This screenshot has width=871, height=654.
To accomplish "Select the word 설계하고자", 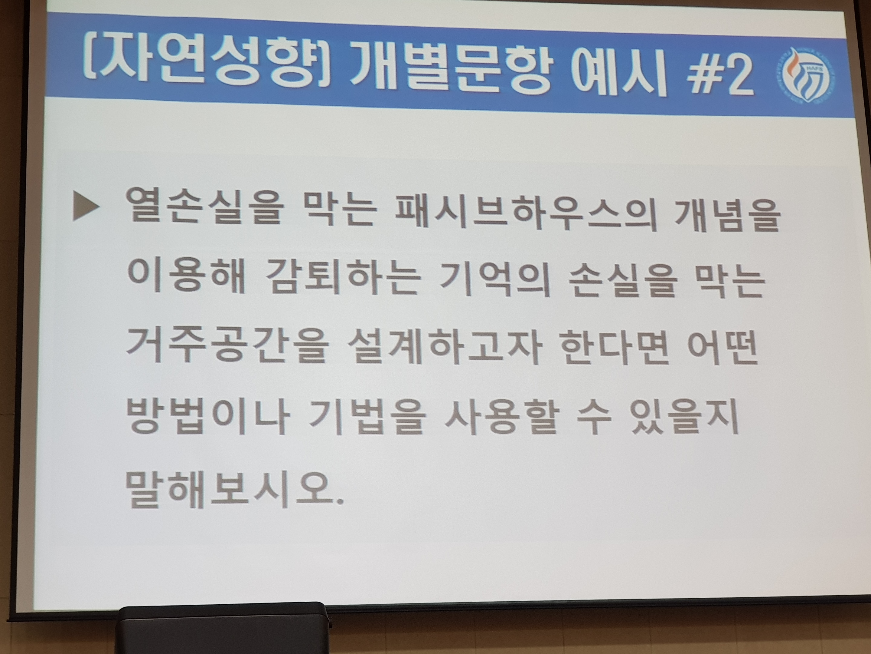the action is point(443,348).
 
